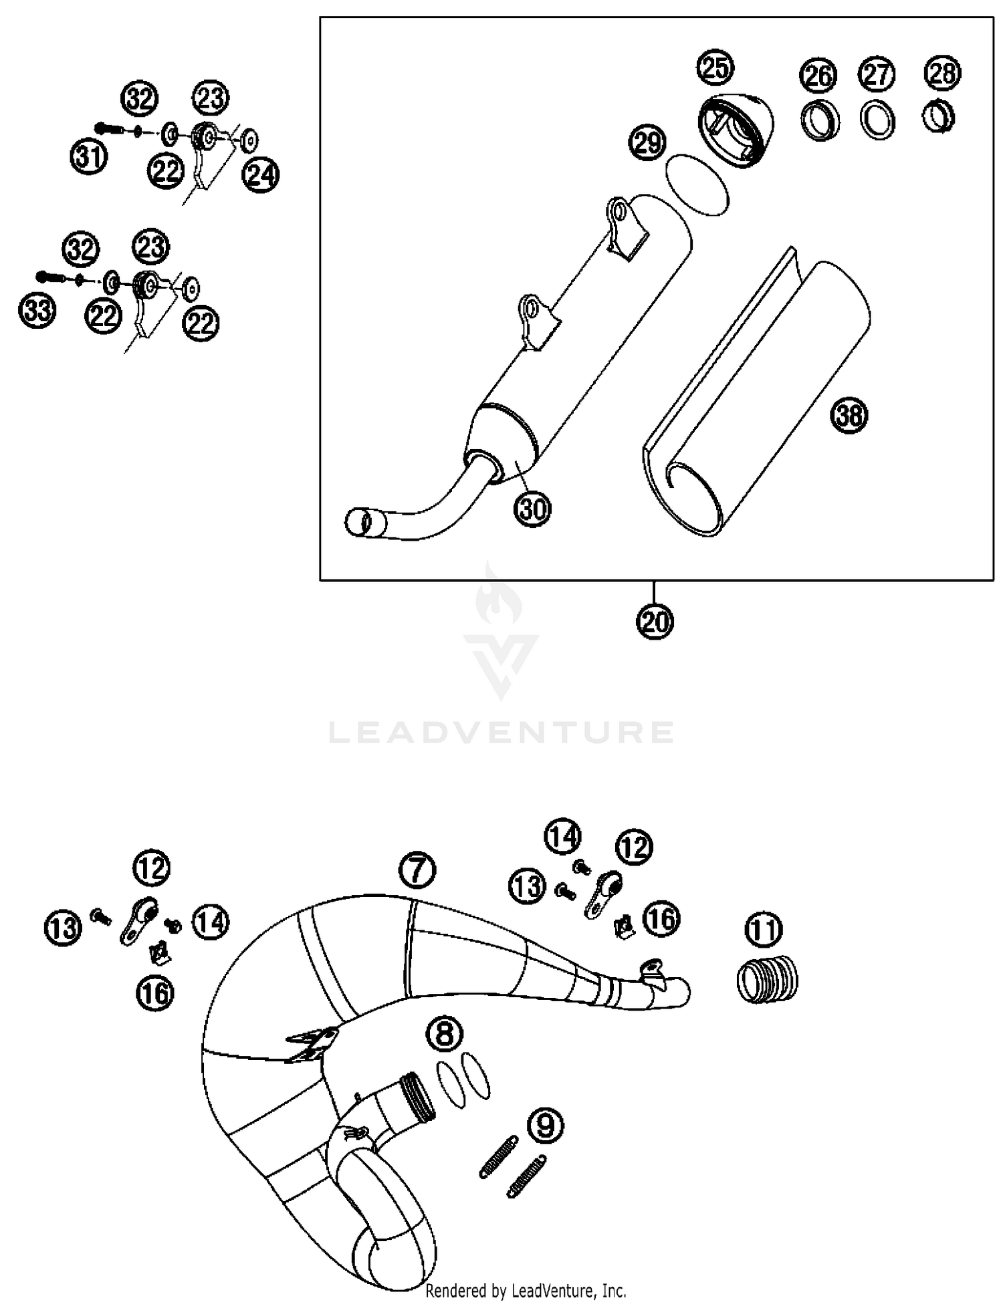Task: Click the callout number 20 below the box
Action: [655, 622]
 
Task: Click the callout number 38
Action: [849, 416]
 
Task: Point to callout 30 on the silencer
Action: [532, 509]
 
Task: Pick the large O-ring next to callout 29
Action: [696, 185]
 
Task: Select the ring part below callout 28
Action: [939, 118]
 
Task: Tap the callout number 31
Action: [90, 158]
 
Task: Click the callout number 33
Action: [37, 311]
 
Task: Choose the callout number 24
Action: [261, 175]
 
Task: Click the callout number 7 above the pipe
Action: [417, 870]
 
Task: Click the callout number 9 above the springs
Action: [545, 1126]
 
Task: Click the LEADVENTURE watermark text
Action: [501, 733]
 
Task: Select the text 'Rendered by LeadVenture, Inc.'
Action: [525, 1290]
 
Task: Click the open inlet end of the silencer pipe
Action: [359, 522]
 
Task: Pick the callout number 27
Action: [877, 74]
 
